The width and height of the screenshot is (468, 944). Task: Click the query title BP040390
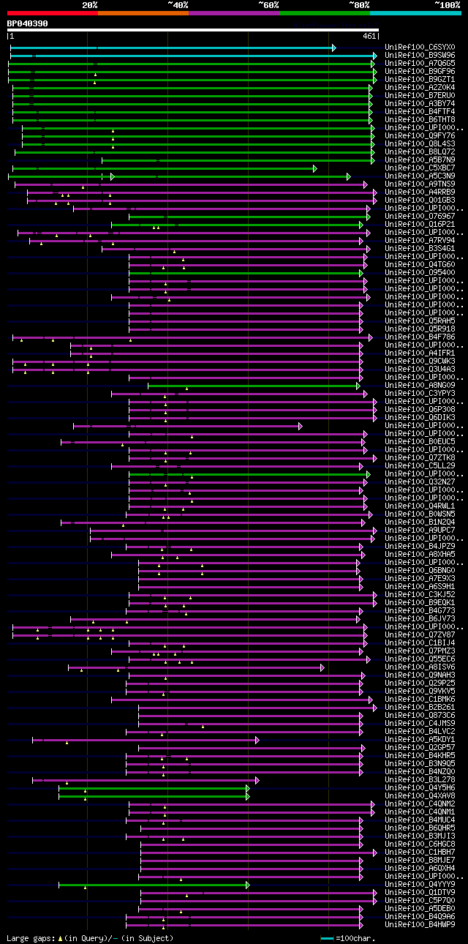pyautogui.click(x=27, y=23)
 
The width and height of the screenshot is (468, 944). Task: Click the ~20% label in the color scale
pyautogui.click(x=90, y=4)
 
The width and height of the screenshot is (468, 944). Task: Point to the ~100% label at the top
pyautogui.click(x=447, y=4)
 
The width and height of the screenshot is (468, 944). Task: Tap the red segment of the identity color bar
pyautogui.click(x=52, y=13)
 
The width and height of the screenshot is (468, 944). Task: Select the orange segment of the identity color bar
pyautogui.click(x=143, y=13)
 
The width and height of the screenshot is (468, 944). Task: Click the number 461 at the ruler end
pyautogui.click(x=369, y=35)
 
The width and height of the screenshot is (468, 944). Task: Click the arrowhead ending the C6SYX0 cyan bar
pyautogui.click(x=333, y=48)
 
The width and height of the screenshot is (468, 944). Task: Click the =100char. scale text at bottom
pyautogui.click(x=355, y=938)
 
